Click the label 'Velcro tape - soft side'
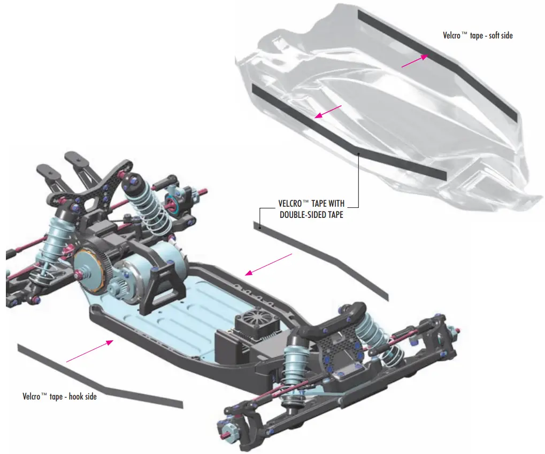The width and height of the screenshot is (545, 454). (478, 36)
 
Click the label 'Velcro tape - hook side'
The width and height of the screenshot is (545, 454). (59, 397)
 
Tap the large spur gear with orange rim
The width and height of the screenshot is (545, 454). (94, 268)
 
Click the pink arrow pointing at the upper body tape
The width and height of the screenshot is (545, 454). (414, 61)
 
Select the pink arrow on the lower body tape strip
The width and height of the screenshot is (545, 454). (328, 111)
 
